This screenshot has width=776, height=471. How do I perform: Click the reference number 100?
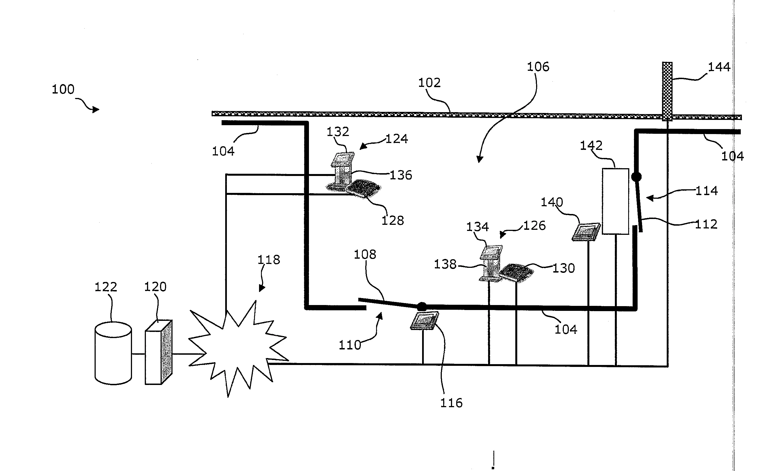63,90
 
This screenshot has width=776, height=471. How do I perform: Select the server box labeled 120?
158,352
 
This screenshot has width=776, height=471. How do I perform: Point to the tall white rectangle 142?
615,202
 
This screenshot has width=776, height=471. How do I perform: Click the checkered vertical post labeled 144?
667,91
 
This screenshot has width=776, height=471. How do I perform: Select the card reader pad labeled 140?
586,232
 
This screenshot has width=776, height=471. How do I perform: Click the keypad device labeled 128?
363,188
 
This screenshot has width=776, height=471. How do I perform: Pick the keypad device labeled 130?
515,272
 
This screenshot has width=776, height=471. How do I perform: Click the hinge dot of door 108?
422,306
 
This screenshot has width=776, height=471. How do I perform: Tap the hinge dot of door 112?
636,177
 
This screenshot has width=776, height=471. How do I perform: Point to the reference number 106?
538,67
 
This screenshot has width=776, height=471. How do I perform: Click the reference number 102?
429,83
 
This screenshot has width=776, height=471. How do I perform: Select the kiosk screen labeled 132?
344,157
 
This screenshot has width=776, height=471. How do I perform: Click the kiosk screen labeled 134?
492,251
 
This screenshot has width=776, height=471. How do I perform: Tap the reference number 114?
706,191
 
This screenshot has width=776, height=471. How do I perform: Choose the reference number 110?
349,345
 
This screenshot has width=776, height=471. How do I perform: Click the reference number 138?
445,265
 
